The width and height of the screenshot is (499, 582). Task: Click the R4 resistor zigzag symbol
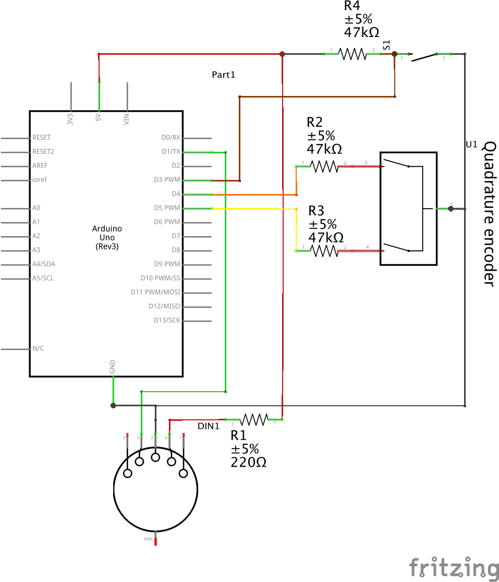[x=352, y=54]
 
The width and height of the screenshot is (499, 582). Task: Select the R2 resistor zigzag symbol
[x=324, y=166]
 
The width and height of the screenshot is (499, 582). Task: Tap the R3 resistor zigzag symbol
[x=324, y=251]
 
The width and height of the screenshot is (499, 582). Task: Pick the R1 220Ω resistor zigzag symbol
[x=253, y=419]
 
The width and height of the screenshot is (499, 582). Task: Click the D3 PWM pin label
[x=167, y=180]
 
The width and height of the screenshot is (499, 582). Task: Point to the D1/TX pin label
[x=171, y=152]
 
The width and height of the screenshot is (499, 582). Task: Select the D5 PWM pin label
[x=167, y=208]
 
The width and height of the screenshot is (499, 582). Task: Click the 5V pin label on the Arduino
[x=99, y=119]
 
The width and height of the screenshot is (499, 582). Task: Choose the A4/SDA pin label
[x=43, y=264]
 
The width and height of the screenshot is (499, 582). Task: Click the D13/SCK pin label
[x=167, y=320]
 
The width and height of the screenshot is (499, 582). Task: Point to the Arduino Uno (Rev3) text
[x=107, y=237]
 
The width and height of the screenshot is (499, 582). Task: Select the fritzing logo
[x=453, y=567]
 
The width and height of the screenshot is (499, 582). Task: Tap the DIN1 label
[x=209, y=426]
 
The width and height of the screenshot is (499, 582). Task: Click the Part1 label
[x=223, y=75]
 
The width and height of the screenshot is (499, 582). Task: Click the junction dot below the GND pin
[x=113, y=405]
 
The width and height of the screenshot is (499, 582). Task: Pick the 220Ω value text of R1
[x=248, y=462]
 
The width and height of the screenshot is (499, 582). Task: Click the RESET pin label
[x=42, y=138]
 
